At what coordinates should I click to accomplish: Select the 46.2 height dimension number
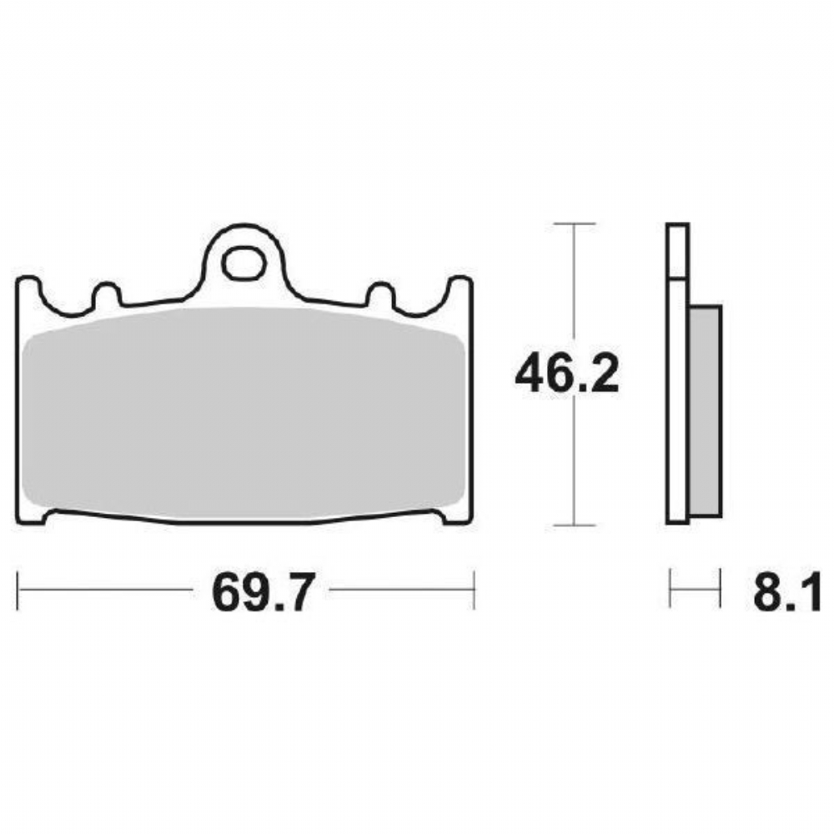567,374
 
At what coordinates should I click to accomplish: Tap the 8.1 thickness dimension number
786,592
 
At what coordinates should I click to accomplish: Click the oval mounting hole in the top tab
244,263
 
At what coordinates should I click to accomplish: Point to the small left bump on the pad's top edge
107,294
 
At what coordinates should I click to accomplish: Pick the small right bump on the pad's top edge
381,294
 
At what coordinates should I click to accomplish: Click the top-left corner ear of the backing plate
28,287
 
